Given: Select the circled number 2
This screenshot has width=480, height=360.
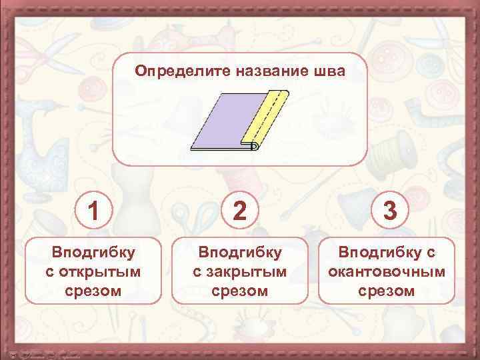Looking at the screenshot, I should (x=240, y=210).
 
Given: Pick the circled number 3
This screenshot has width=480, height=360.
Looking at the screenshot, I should (x=390, y=210).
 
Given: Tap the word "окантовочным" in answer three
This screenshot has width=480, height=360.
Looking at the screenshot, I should (x=387, y=272).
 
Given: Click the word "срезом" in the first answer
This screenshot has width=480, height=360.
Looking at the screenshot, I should (x=94, y=291).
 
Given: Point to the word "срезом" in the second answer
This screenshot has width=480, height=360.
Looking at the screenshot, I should (x=240, y=291).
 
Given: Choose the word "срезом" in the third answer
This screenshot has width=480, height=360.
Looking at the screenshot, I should (x=387, y=291).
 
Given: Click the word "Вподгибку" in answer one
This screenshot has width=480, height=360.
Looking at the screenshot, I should (x=94, y=252).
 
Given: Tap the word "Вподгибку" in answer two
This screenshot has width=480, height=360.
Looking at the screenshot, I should (x=240, y=252).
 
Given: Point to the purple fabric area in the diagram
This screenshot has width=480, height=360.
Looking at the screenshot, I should (x=220, y=123).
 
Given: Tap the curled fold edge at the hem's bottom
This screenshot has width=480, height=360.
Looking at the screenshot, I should (x=253, y=147).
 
